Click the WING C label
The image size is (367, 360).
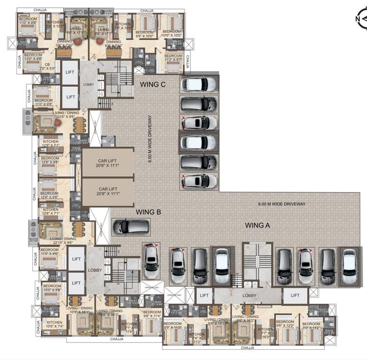(153, 85)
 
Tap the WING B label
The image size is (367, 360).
(148, 212)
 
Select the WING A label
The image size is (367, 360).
(258, 225)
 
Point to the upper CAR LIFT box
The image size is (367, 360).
(107, 163)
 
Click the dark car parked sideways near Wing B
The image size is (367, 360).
(131, 227)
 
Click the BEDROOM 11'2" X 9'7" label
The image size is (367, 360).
(173, 58)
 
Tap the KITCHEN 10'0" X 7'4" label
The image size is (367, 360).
(54, 324)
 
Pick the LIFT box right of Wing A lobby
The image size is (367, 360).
(295, 295)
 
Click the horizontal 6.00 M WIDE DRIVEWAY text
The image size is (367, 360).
(282, 204)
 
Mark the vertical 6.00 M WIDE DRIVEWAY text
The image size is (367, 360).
(150, 138)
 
